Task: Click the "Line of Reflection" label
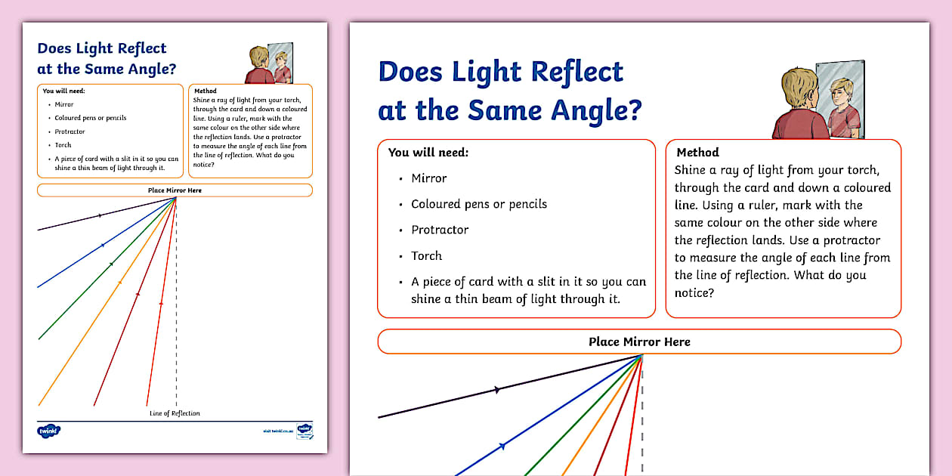tap(175, 413)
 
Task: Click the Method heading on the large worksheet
tap(697, 153)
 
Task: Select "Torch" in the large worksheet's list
tap(426, 255)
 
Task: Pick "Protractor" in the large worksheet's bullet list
tap(440, 230)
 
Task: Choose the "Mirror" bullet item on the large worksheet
tap(428, 178)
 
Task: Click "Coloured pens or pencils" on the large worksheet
tap(478, 204)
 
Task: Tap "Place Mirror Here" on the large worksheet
tap(639, 342)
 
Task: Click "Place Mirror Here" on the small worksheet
tap(175, 190)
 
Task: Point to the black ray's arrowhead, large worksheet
tap(496, 390)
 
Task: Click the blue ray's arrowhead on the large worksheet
tap(502, 446)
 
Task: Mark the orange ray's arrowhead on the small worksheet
tap(119, 283)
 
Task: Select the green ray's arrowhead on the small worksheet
tap(111, 264)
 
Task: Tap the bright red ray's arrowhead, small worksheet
tap(161, 304)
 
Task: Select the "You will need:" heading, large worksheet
tap(428, 153)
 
